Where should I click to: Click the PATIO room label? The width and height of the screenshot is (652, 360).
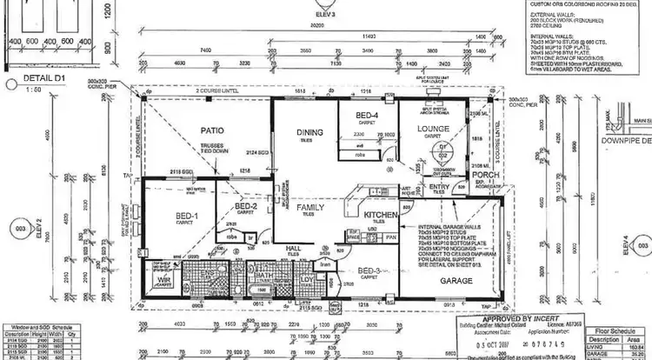pyautogui.click(x=212, y=130)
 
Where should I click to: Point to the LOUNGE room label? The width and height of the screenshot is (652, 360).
pyautogui.click(x=432, y=130)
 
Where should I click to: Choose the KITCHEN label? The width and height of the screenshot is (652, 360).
pyautogui.click(x=380, y=215)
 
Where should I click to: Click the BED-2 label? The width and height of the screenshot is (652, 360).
pyautogui.click(x=246, y=206)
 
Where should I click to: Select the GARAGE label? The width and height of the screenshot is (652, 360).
pyautogui.click(x=456, y=281)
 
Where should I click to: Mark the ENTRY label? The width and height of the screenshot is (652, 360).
pyautogui.click(x=438, y=186)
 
